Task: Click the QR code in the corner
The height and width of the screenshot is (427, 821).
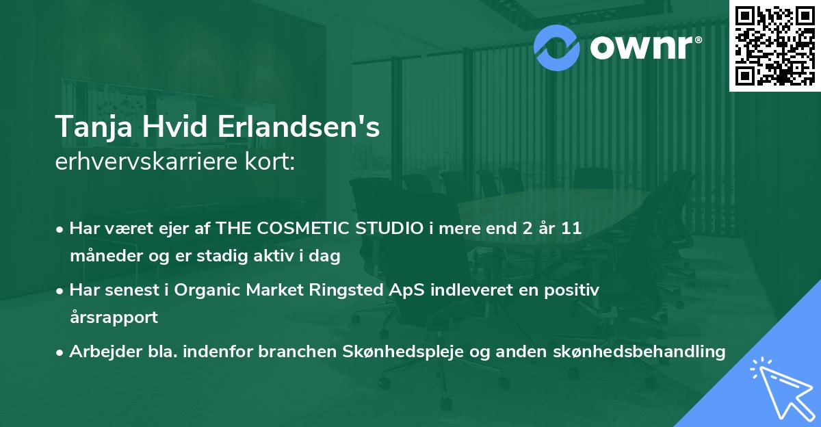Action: (x=774, y=46)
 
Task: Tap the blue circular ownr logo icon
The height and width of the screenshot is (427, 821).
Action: (x=556, y=47)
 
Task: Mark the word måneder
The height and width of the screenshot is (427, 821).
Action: (x=103, y=256)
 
